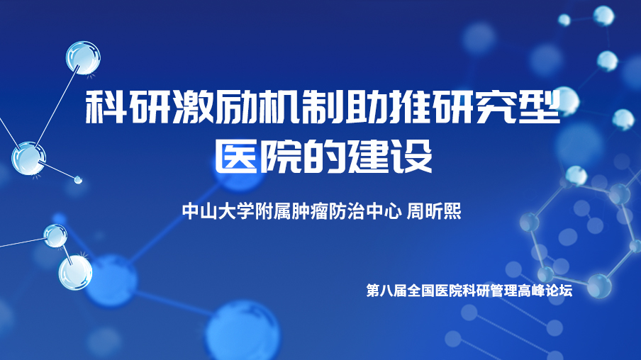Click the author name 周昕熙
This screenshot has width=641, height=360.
pyautogui.click(x=433, y=211)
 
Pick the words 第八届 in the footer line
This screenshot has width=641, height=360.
pyautogui.click(x=386, y=291)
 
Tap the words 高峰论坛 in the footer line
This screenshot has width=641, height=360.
pyautogui.click(x=545, y=291)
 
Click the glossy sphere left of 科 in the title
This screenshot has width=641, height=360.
pyautogui.click(x=83, y=57)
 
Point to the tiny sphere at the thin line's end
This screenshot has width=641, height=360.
pyautogui.click(x=78, y=179)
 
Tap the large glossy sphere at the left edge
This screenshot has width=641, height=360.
pyautogui.click(x=28, y=158)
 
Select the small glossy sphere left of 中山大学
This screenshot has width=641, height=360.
pyautogui.click(x=55, y=236)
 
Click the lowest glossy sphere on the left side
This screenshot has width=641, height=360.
pyautogui.click(x=75, y=273)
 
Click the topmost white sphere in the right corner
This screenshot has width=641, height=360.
pyautogui.click(x=603, y=16)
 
